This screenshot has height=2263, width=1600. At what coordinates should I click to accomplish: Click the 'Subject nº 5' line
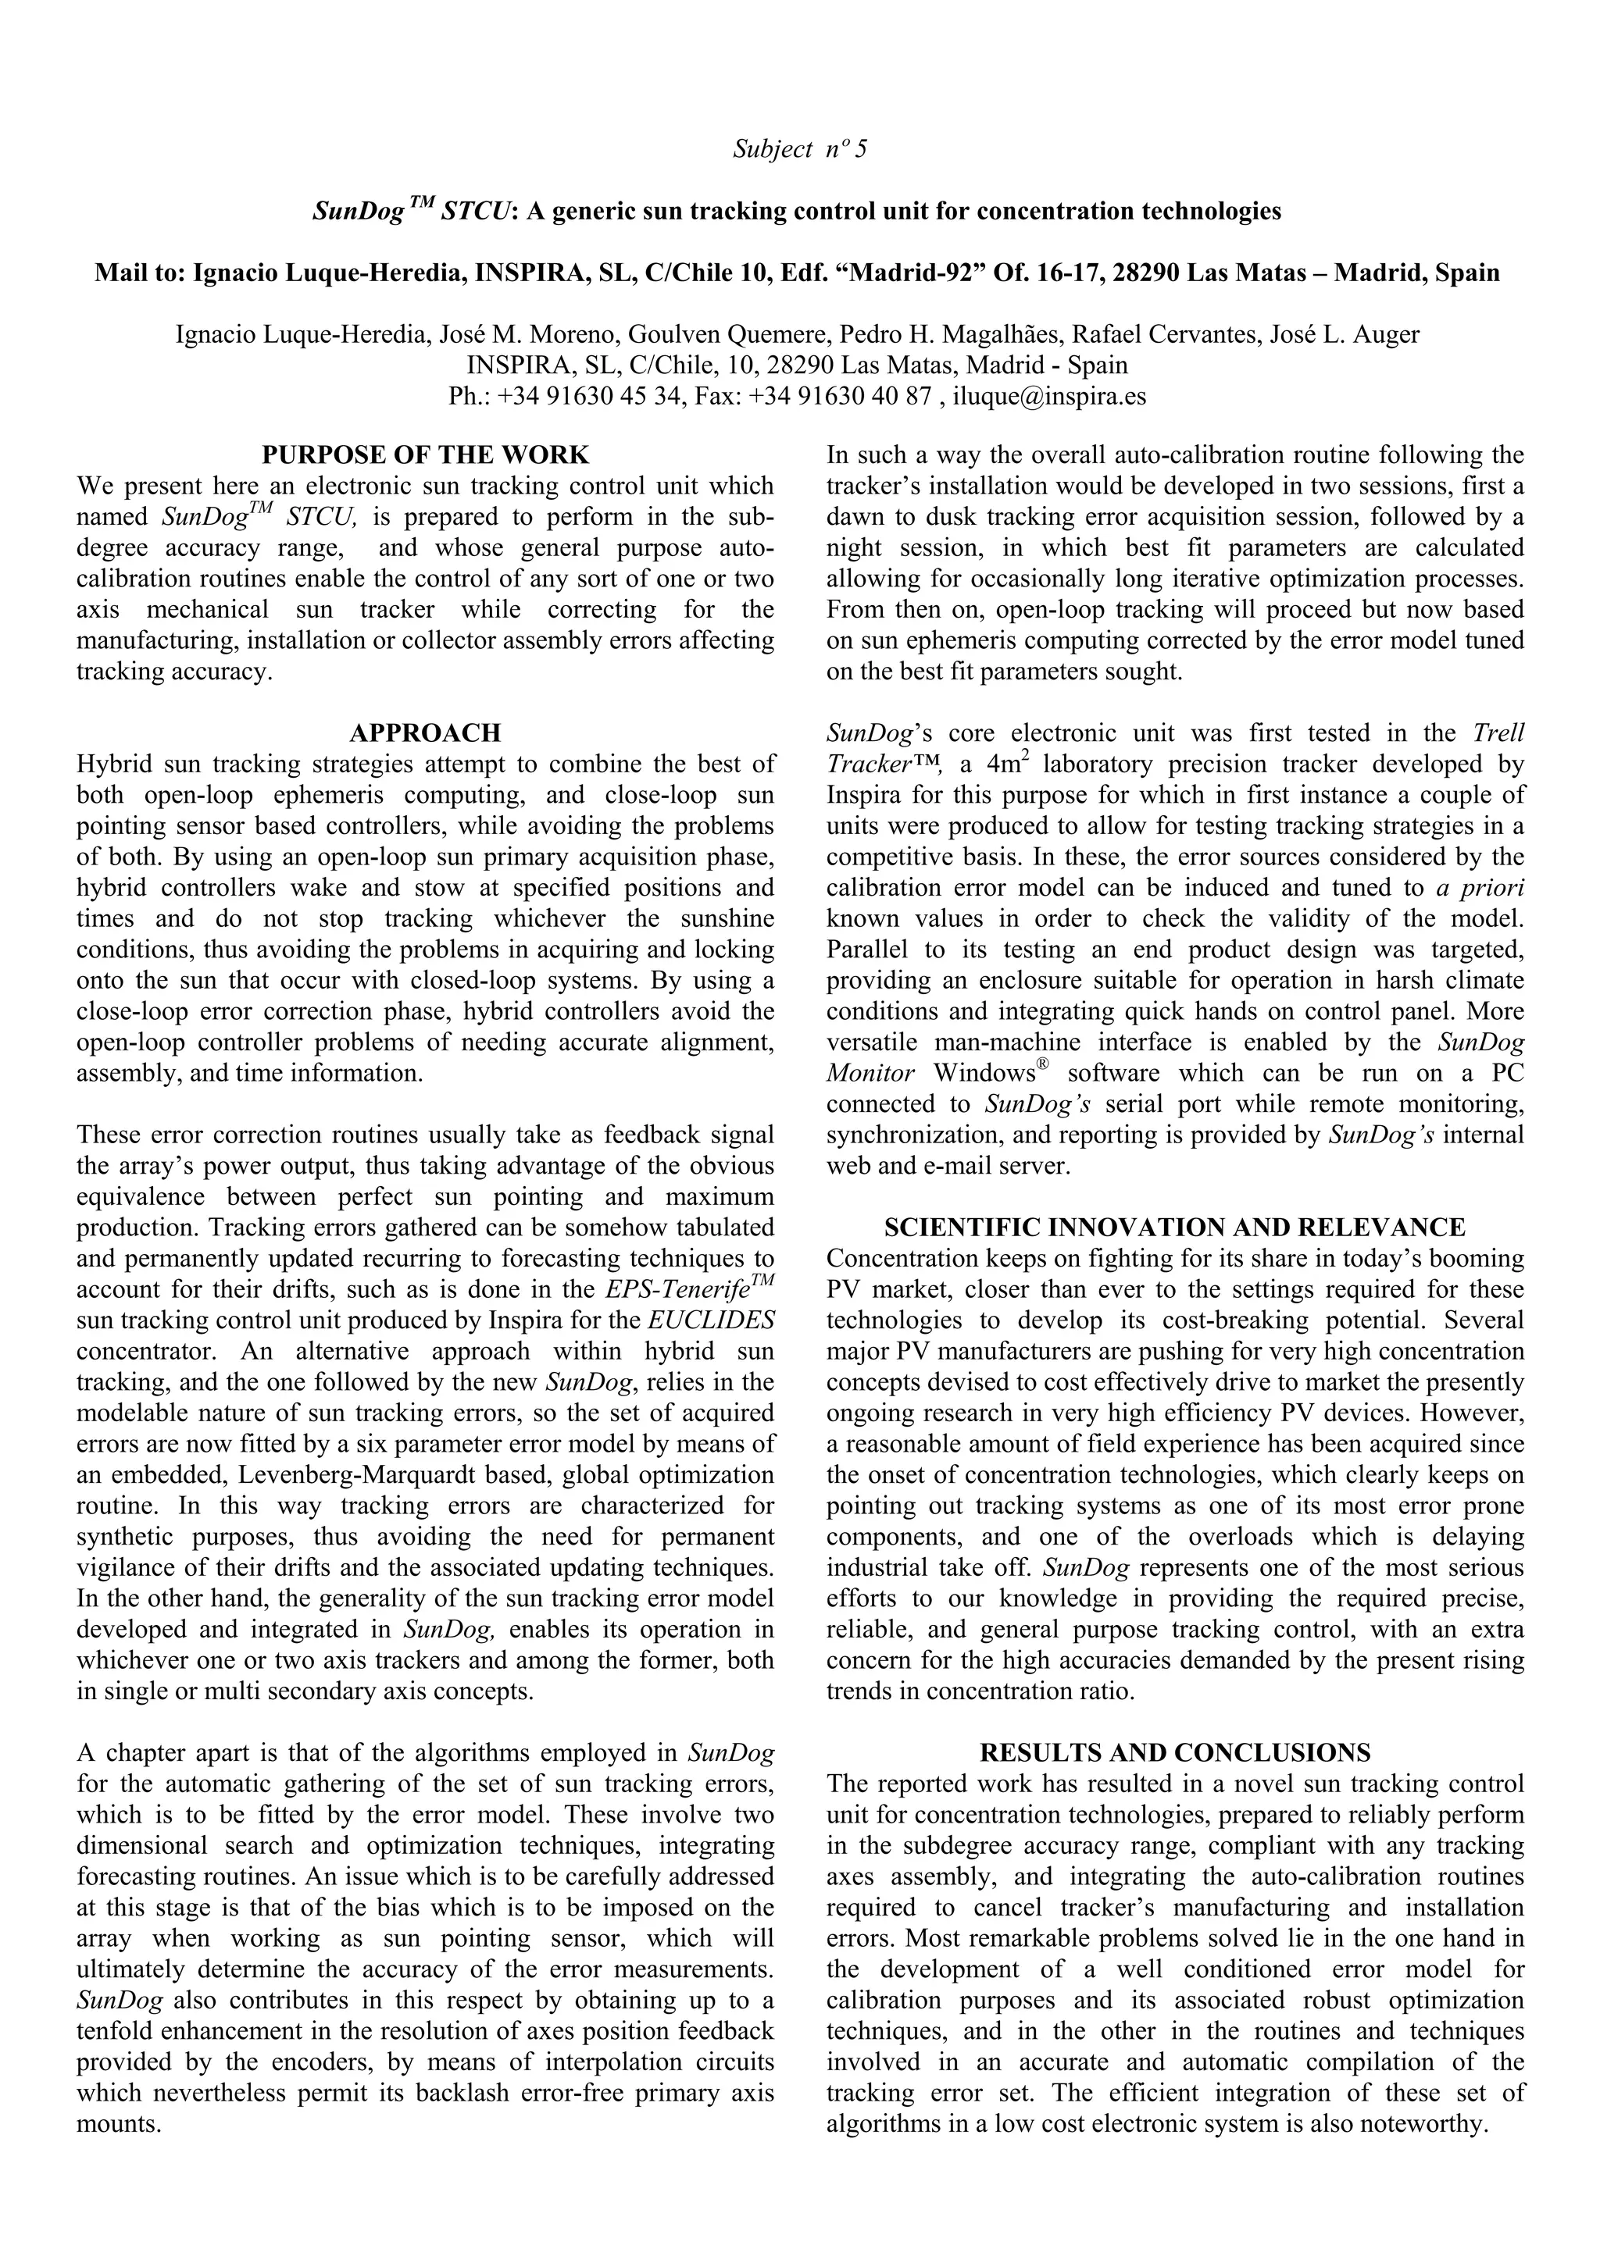point(799,150)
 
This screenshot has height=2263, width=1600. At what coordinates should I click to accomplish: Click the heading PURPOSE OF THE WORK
point(425,455)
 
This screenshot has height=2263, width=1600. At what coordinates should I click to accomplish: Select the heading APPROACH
point(425,733)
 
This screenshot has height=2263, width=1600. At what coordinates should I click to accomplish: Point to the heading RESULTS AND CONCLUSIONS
point(1174,1752)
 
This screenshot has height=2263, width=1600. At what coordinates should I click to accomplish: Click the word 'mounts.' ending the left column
point(118,2124)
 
